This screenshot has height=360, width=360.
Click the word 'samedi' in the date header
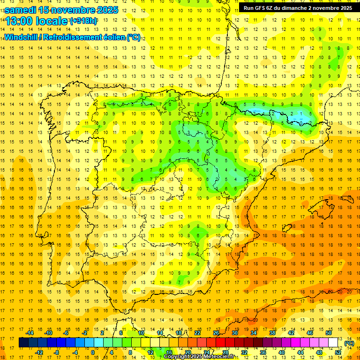click(x=21, y=10)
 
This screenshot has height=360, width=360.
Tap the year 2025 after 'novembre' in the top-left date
click(x=104, y=10)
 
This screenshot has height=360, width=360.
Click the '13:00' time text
click(x=19, y=21)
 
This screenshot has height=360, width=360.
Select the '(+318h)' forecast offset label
click(x=84, y=21)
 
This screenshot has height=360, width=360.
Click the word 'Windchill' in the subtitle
click(x=21, y=37)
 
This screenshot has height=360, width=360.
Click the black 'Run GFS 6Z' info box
click(x=298, y=8)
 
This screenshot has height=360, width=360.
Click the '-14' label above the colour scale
click(x=30, y=333)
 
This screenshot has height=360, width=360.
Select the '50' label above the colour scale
click(x=329, y=333)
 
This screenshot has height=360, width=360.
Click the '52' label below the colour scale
click(x=338, y=352)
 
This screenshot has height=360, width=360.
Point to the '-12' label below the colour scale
click(x=39, y=352)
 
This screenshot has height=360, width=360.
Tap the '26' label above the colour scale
click(x=216, y=333)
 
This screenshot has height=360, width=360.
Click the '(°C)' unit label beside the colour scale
click(x=349, y=343)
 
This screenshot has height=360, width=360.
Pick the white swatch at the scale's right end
click(x=333, y=343)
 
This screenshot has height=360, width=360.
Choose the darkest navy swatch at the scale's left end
click(x=23, y=343)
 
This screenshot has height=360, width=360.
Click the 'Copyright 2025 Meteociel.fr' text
click(x=199, y=357)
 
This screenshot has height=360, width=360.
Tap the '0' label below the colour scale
click(x=93, y=352)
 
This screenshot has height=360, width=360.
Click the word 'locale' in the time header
click(x=51, y=21)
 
